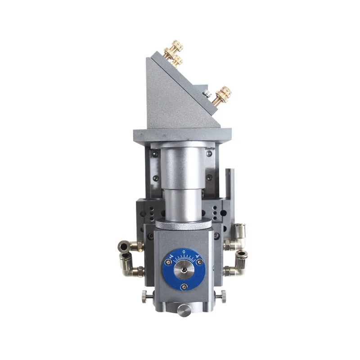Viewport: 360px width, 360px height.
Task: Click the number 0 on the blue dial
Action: (x=184, y=252)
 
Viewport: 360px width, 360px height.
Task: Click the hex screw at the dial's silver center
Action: (x=184, y=270)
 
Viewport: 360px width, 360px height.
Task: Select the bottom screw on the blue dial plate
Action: (x=184, y=287)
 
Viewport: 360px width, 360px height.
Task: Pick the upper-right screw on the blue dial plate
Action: (x=200, y=262)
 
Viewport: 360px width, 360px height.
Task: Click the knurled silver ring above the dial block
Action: (x=184, y=224)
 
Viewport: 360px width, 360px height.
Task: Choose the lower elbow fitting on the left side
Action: (x=130, y=266)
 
